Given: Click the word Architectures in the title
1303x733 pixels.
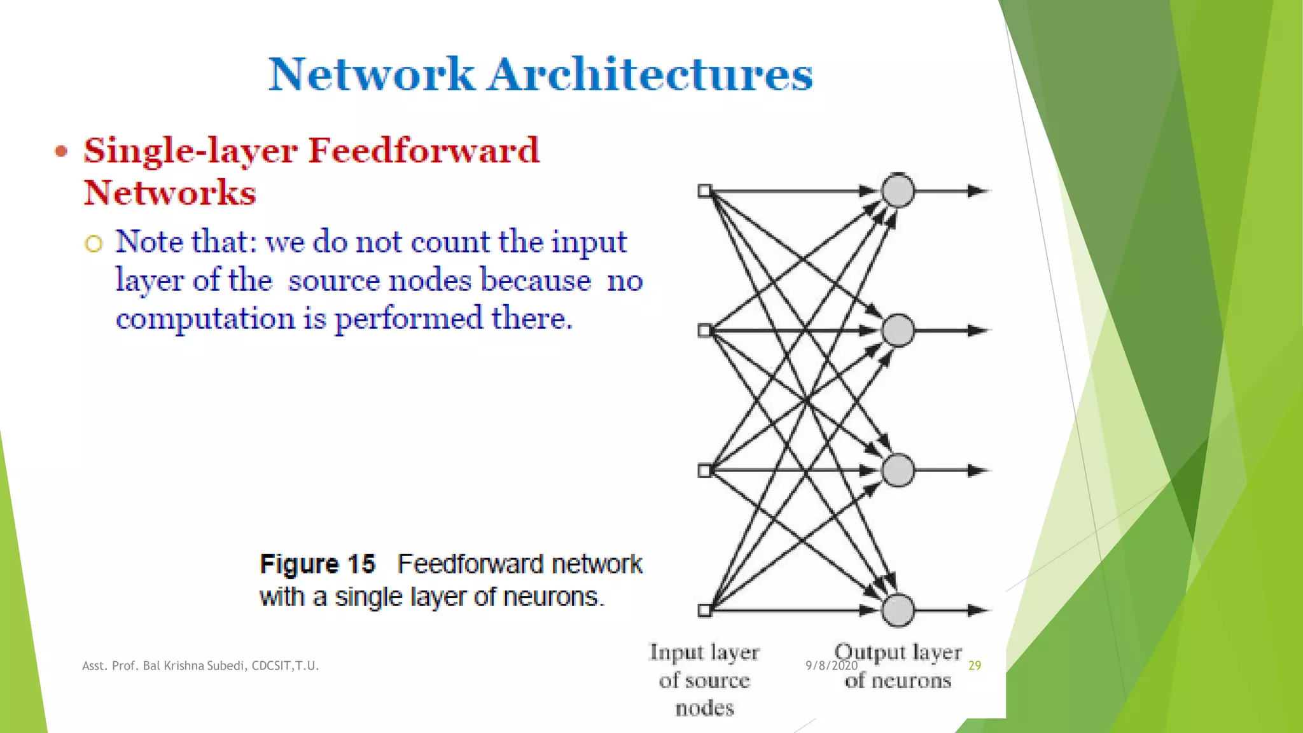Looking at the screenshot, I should (650, 74).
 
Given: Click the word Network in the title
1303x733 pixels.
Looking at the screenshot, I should (372, 74).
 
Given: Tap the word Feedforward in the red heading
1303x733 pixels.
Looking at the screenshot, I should (424, 151).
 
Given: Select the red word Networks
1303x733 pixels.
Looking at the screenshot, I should (170, 193).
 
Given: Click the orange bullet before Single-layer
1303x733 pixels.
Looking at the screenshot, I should (61, 151).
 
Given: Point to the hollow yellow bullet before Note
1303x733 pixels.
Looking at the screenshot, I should (94, 244).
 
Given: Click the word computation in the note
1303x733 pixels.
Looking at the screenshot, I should (205, 318).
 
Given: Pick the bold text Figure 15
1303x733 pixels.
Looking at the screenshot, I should (317, 564).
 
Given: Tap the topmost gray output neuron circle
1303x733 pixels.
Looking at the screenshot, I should (898, 190).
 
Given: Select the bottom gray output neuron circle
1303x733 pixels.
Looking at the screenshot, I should (898, 610).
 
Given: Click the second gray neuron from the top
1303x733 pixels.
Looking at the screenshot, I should (898, 330).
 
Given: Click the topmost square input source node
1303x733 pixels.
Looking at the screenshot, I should (704, 191).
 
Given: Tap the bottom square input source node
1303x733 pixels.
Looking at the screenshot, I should (704, 610).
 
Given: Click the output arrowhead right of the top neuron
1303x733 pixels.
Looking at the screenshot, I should (977, 190).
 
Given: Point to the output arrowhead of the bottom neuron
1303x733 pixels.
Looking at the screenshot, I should (977, 610).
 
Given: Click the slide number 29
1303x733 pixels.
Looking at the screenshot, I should (975, 666).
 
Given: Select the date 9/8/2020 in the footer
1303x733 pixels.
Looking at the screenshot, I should (832, 666).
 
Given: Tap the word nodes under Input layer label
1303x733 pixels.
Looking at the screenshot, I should (704, 708).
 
